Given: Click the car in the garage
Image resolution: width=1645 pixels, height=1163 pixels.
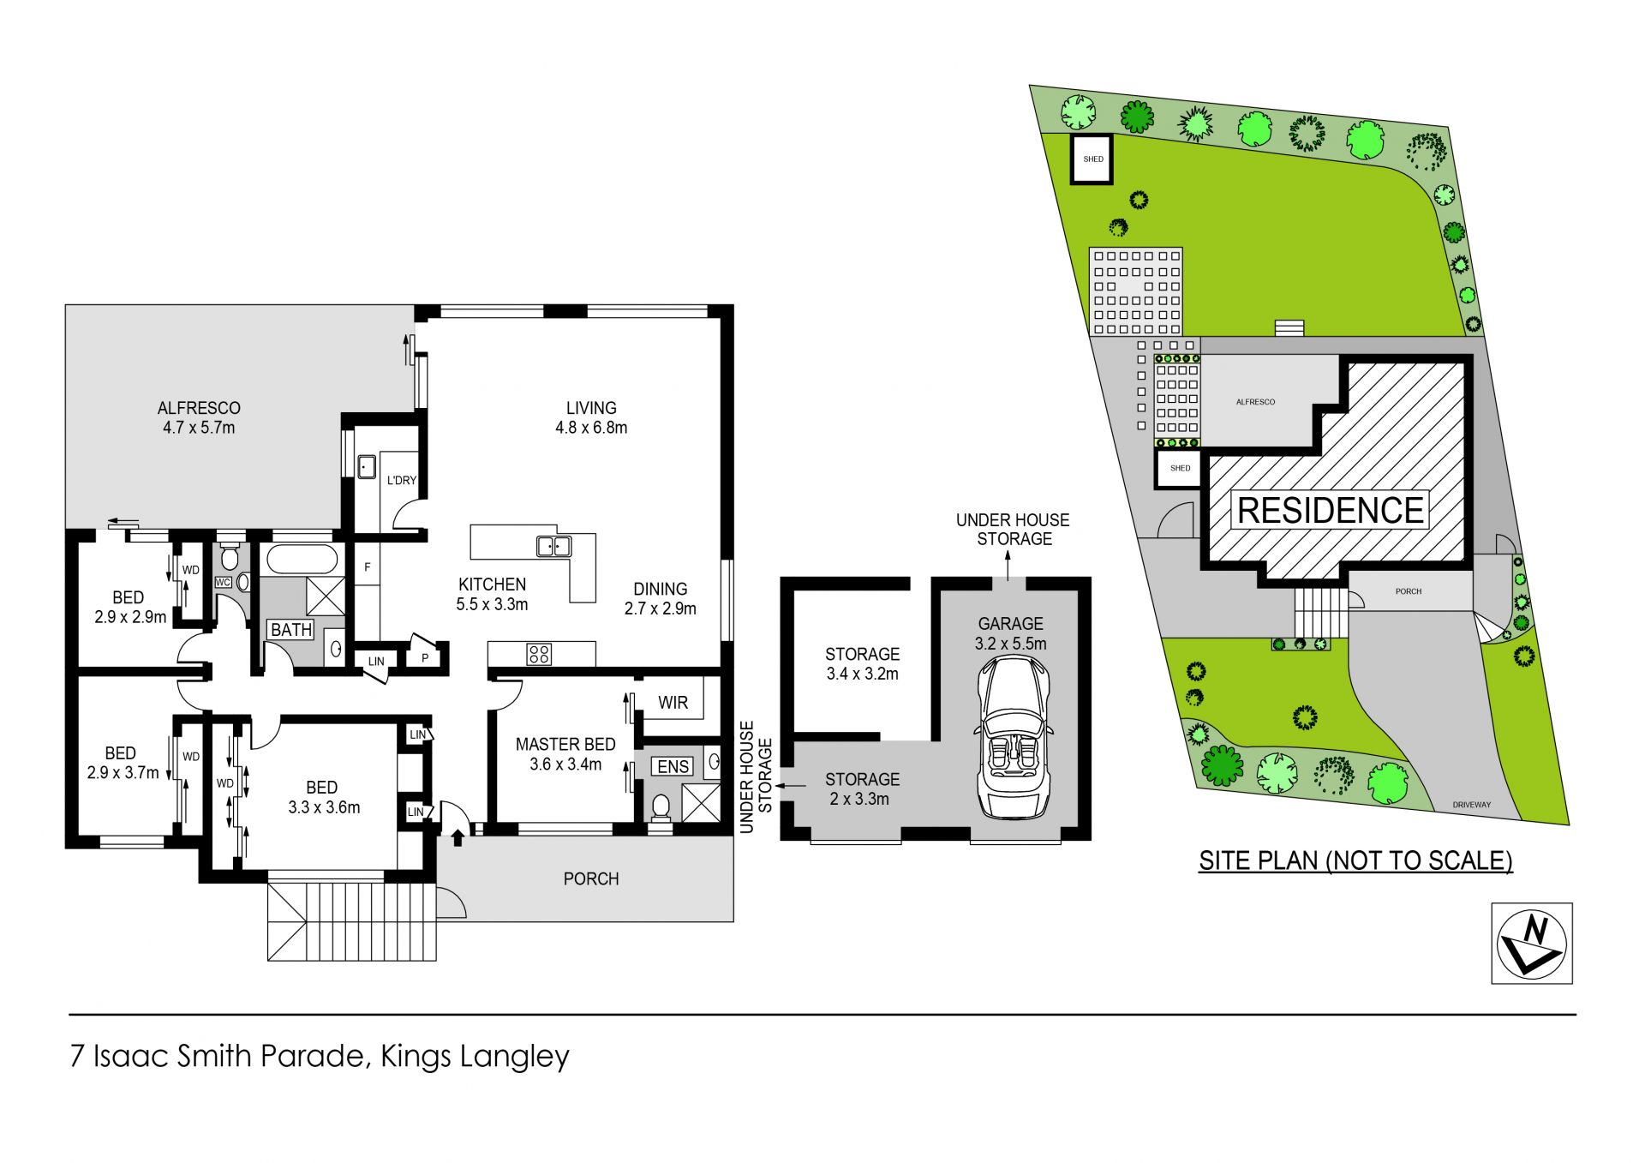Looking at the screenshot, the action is tap(1012, 737).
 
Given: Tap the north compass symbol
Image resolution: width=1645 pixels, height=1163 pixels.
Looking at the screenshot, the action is tap(1532, 943).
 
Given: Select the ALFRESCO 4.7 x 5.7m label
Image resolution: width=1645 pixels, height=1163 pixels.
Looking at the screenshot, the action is tap(199, 417).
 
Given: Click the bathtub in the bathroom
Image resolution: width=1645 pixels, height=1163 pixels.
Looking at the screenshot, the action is tap(301, 561).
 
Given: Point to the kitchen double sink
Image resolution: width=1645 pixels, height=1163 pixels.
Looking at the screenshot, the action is tap(554, 545).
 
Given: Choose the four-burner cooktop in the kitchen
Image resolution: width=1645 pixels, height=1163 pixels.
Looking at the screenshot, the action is tap(539, 655).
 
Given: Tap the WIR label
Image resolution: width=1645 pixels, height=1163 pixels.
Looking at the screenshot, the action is tap(673, 703).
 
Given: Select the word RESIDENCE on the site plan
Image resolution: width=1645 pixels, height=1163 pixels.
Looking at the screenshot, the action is tap(1331, 511).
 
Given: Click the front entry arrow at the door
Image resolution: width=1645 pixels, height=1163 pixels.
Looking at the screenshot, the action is tap(458, 836).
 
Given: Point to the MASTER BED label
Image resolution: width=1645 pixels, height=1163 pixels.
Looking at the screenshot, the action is tap(565, 745).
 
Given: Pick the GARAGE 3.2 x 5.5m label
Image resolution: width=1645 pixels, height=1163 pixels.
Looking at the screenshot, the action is tap(1011, 633).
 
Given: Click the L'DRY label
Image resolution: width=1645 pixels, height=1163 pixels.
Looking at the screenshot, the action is tap(401, 480).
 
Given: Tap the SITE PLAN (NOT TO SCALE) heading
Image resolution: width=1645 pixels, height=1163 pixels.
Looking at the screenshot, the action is tap(1355, 860).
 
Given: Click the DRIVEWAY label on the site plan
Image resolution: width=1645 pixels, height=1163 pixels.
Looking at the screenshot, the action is tap(1472, 805).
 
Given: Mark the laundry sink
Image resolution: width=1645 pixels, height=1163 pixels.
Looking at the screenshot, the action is tap(367, 467).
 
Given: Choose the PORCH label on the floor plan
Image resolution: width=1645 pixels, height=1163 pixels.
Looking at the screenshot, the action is tap(591, 878).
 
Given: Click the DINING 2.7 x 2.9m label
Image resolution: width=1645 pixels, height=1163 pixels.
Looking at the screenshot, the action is tap(660, 598).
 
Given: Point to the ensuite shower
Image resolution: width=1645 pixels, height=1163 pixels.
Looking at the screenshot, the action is tap(701, 803).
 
